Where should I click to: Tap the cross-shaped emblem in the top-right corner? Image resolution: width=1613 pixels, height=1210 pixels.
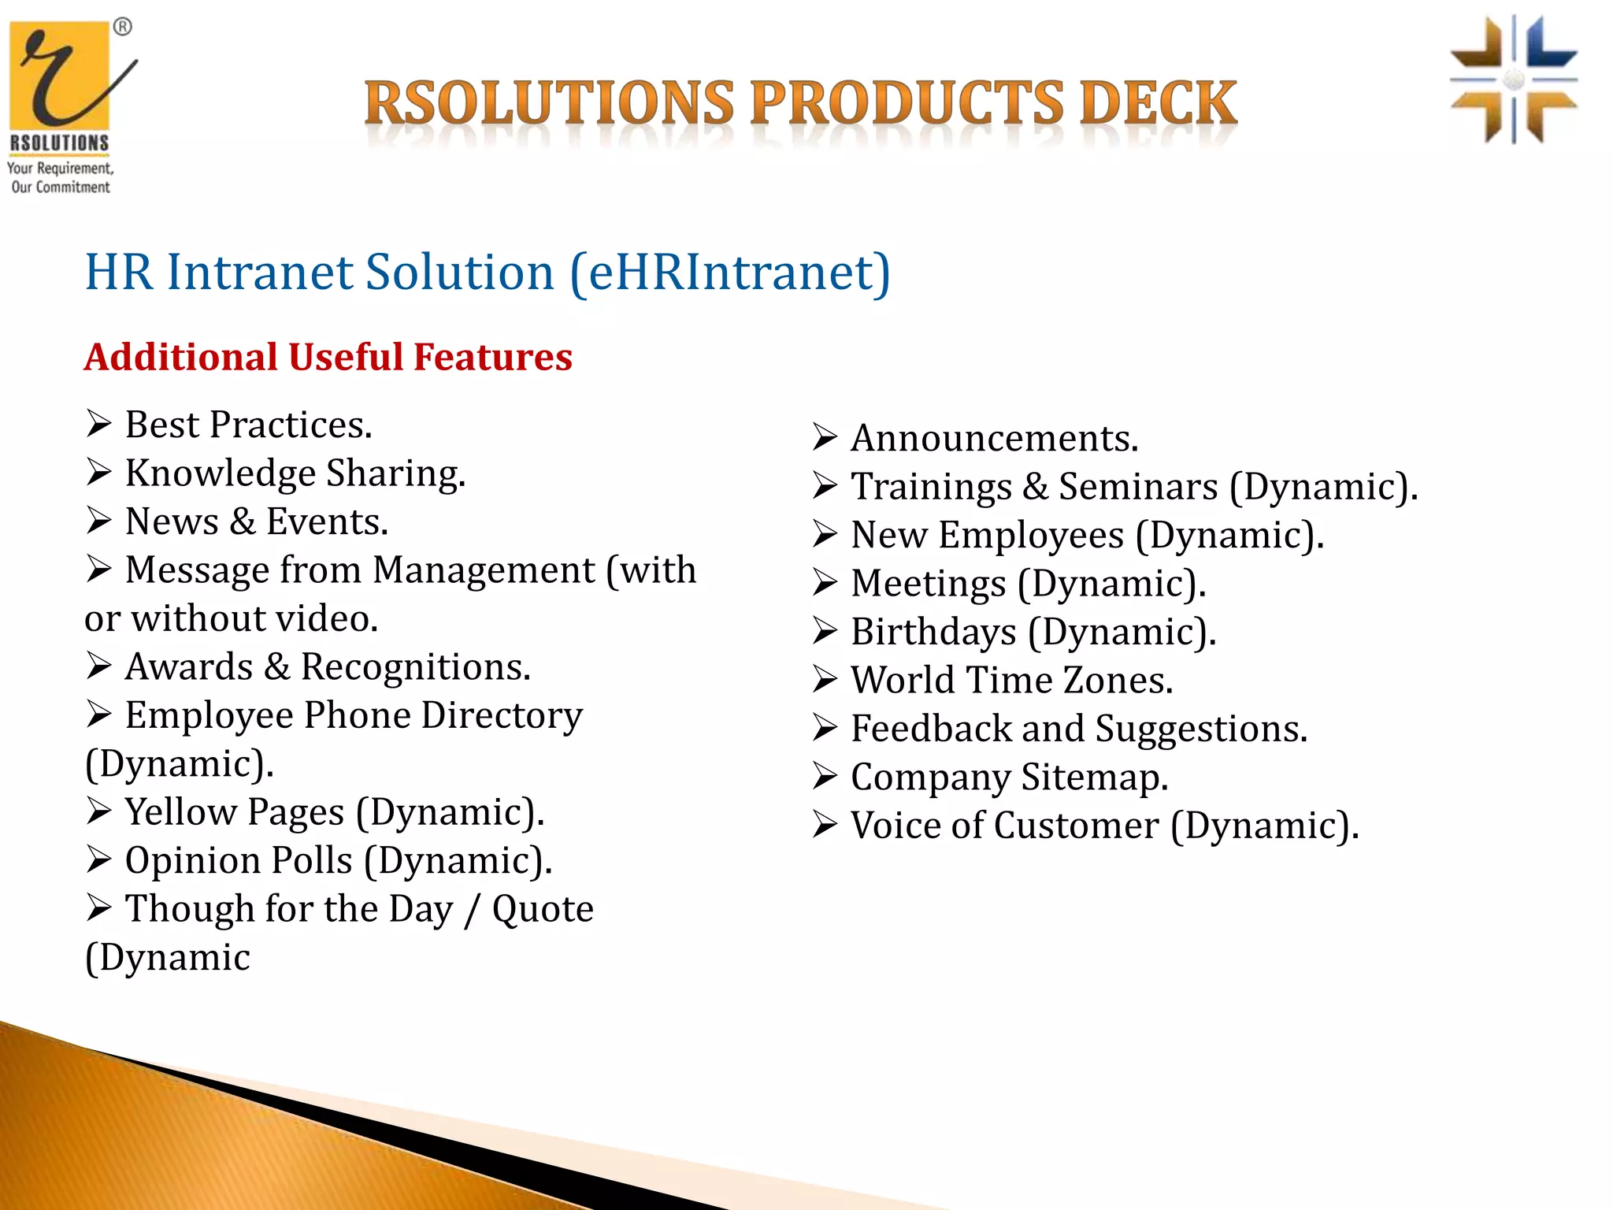[1513, 80]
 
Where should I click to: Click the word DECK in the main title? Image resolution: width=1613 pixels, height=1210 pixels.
[1158, 103]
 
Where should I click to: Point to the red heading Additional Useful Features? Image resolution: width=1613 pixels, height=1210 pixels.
[328, 357]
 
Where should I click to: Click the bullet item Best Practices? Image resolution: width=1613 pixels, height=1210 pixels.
[247, 425]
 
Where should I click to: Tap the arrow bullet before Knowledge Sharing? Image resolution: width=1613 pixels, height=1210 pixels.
[99, 473]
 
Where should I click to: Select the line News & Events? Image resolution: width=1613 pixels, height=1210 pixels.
[256, 522]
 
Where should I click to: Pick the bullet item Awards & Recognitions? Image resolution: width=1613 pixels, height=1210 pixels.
[327, 667]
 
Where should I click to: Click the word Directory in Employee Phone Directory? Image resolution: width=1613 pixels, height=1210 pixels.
[502, 716]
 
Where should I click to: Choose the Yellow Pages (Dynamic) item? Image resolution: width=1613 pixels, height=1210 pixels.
[334, 812]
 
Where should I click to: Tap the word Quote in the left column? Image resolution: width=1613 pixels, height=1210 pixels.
[543, 909]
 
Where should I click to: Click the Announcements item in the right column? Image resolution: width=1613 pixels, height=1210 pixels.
[994, 439]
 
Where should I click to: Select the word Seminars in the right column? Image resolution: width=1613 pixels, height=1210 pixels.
[1137, 487]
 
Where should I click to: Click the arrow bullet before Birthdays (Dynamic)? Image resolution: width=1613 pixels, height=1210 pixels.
[825, 632]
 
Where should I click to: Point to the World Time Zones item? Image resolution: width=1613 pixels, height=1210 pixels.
[1011, 681]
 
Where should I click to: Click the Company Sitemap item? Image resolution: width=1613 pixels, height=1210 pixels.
[1009, 778]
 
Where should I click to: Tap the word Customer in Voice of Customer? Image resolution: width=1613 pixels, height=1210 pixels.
[1076, 826]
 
